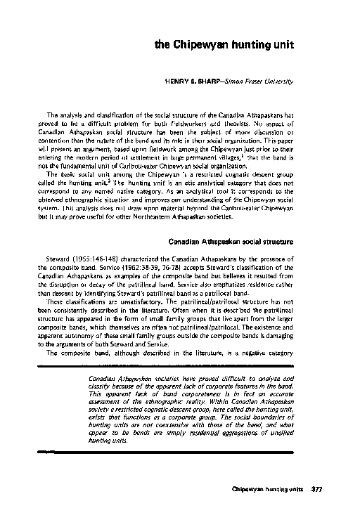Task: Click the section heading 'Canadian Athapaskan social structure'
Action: (230, 242)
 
